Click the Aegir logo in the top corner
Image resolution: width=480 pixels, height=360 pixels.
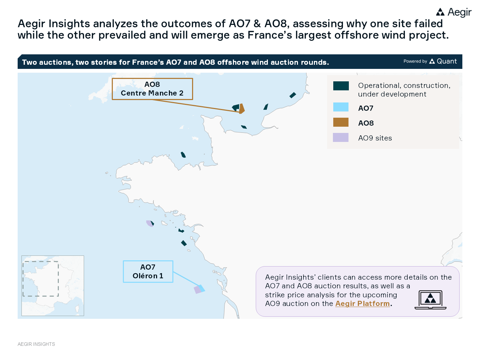coord(454,12)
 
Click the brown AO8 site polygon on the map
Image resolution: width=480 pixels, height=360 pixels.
coord(242,108)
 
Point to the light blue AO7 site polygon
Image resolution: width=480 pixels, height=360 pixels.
coord(202,288)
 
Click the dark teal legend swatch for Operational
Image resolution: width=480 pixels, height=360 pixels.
coord(341,86)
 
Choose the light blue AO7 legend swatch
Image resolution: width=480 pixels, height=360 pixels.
coord(341,107)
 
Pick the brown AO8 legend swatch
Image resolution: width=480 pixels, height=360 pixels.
coord(341,122)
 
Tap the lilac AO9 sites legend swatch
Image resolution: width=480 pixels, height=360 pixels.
coord(341,137)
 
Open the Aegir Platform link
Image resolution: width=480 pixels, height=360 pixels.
coord(362,304)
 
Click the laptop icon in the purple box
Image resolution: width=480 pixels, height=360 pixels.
coord(431,300)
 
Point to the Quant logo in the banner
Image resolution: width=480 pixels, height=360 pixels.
coord(443,61)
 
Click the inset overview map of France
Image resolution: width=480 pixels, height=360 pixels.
coord(53,286)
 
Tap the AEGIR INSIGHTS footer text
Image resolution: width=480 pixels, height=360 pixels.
coord(36,344)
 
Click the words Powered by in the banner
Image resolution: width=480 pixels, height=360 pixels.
coord(415,61)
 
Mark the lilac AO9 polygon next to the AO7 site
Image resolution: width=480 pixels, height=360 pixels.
coord(197,290)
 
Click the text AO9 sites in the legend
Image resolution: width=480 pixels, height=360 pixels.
coord(375,138)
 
